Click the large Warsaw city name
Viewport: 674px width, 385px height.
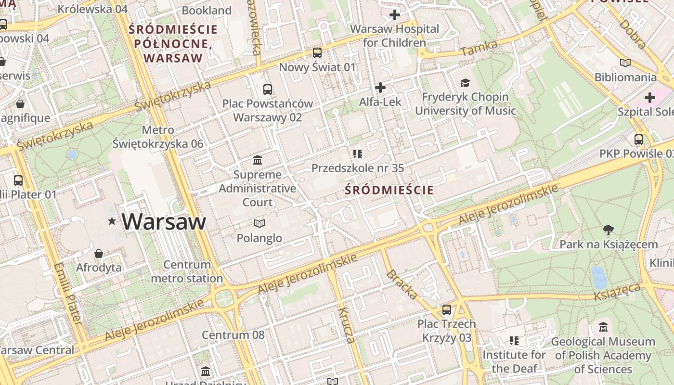click(164, 222)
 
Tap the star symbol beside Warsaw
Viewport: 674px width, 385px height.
click(112, 221)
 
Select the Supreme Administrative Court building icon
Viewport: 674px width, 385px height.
click(258, 160)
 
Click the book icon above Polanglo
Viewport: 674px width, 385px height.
click(259, 223)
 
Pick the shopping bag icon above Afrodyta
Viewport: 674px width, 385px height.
click(99, 253)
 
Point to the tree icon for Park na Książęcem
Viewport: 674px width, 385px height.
click(609, 230)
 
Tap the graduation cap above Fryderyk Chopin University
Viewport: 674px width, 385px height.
click(465, 83)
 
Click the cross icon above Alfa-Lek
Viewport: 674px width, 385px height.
click(380, 88)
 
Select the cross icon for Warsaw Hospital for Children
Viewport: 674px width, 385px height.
click(395, 15)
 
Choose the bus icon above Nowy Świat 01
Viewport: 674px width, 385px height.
click(317, 53)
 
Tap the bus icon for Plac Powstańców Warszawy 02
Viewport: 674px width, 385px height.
click(268, 89)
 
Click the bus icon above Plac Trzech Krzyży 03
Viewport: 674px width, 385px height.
click(447, 309)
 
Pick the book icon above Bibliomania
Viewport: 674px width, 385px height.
click(625, 63)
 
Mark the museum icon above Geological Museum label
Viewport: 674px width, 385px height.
click(603, 327)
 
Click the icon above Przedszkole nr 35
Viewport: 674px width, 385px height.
click(357, 154)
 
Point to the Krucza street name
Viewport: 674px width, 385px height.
click(347, 325)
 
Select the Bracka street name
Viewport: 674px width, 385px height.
click(401, 284)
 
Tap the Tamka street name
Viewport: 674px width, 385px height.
click(479, 49)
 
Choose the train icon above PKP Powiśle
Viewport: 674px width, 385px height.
click(639, 140)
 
